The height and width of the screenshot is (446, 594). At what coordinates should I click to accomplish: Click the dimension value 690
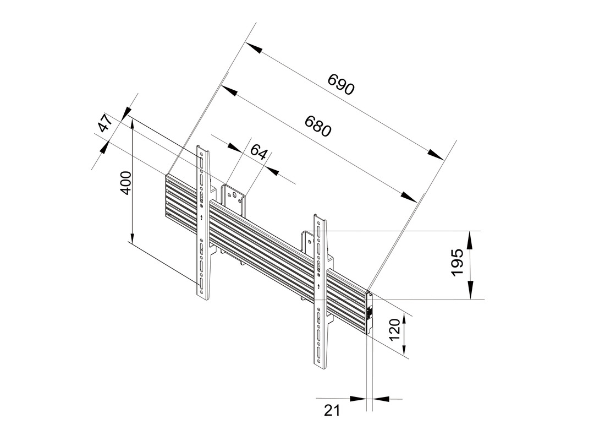point(342,84)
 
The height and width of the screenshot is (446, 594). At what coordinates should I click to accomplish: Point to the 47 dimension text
point(103,124)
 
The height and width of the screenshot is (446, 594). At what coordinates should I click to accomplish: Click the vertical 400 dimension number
point(126,182)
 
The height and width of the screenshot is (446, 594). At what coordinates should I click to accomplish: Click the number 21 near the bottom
point(332,410)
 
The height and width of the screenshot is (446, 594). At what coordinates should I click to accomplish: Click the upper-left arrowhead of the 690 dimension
point(253,47)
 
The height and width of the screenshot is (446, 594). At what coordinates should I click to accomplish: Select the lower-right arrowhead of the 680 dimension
point(409,198)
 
